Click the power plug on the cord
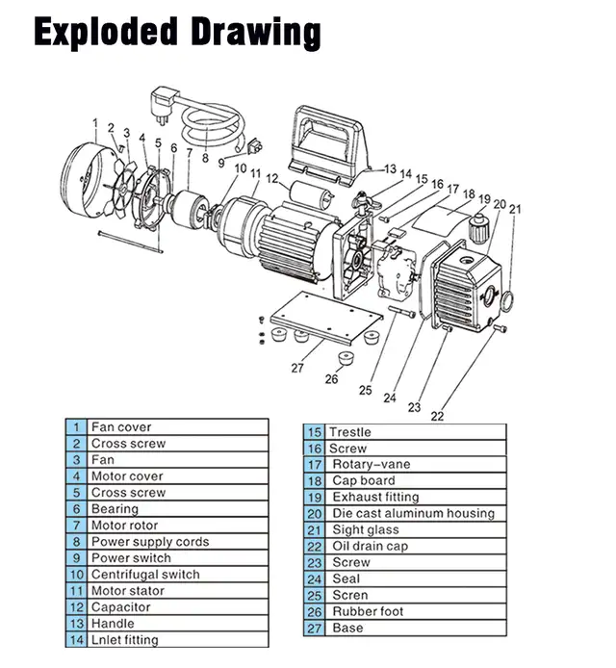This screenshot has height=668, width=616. pos(166,99)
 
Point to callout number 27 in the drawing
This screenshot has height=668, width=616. pos(298,368)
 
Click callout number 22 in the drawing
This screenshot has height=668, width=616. pos(437,416)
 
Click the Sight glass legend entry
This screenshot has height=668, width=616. pos(365,529)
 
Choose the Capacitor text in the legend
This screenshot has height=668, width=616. pos(120,606)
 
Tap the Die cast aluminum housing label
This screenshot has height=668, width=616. pos(413,513)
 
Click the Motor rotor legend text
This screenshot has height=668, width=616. pos(124,526)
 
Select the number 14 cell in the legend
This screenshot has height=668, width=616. pos(76,639)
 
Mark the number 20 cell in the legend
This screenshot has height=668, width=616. pos(314,513)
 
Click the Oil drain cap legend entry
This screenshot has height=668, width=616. pos(370,546)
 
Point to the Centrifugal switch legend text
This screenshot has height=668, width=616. pos(145,574)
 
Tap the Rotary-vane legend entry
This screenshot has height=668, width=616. pos(371,464)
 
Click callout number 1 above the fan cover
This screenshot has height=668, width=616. pos(95,122)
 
